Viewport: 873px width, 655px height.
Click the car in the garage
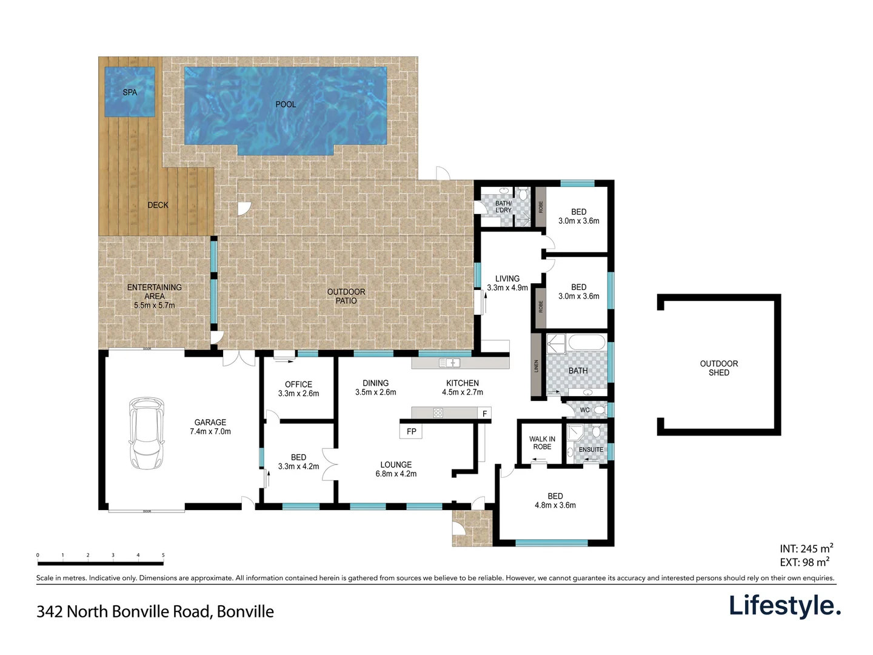point(146,433)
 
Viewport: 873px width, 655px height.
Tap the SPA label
point(130,92)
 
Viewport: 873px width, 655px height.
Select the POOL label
point(286,104)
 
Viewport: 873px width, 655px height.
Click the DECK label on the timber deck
point(158,205)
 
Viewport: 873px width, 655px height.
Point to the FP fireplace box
point(412,431)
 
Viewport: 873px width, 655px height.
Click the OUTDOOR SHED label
point(718,368)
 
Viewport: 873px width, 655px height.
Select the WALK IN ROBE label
point(542,443)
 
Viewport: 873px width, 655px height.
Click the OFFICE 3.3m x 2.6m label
point(298,389)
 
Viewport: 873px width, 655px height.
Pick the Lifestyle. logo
point(784,606)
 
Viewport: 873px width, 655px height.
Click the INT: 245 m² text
point(806,549)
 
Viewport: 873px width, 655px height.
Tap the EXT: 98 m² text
point(804,562)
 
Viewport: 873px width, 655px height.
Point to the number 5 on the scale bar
point(163,555)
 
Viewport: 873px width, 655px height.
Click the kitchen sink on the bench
point(449,363)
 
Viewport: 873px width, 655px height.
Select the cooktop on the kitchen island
point(438,413)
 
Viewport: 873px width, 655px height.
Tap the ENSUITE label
point(590,449)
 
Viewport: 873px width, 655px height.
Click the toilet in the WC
point(599,410)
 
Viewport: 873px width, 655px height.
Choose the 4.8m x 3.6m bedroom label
point(555,500)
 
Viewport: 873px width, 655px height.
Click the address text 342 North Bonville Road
point(155,611)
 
